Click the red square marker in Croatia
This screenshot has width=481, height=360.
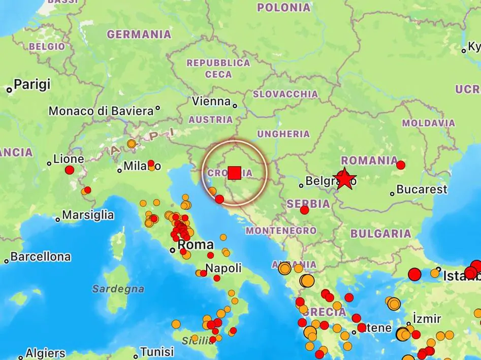coord(234,173)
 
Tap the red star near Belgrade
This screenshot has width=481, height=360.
coord(344,179)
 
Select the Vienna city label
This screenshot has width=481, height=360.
coord(211,102)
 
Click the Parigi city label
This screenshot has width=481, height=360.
coord(32,84)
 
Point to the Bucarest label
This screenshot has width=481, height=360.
coord(422,190)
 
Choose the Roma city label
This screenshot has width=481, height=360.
coord(196,245)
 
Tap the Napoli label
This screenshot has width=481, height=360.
coord(223,269)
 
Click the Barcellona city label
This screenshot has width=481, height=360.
coord(40,257)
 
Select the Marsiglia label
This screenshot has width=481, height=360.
coord(88,215)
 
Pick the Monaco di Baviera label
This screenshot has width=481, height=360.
coord(101,111)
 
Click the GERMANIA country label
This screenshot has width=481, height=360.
coord(139,35)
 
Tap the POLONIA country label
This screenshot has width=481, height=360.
coord(283,8)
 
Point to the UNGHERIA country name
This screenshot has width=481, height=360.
coord(283,134)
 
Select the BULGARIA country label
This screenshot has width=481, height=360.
coord(380,234)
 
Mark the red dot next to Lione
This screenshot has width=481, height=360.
coord(70,170)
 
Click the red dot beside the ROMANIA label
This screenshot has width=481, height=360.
coord(400,165)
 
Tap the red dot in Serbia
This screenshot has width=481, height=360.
coord(304,210)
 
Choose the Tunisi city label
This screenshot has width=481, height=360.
coord(157,351)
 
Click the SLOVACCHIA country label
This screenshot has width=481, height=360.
coord(285,94)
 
